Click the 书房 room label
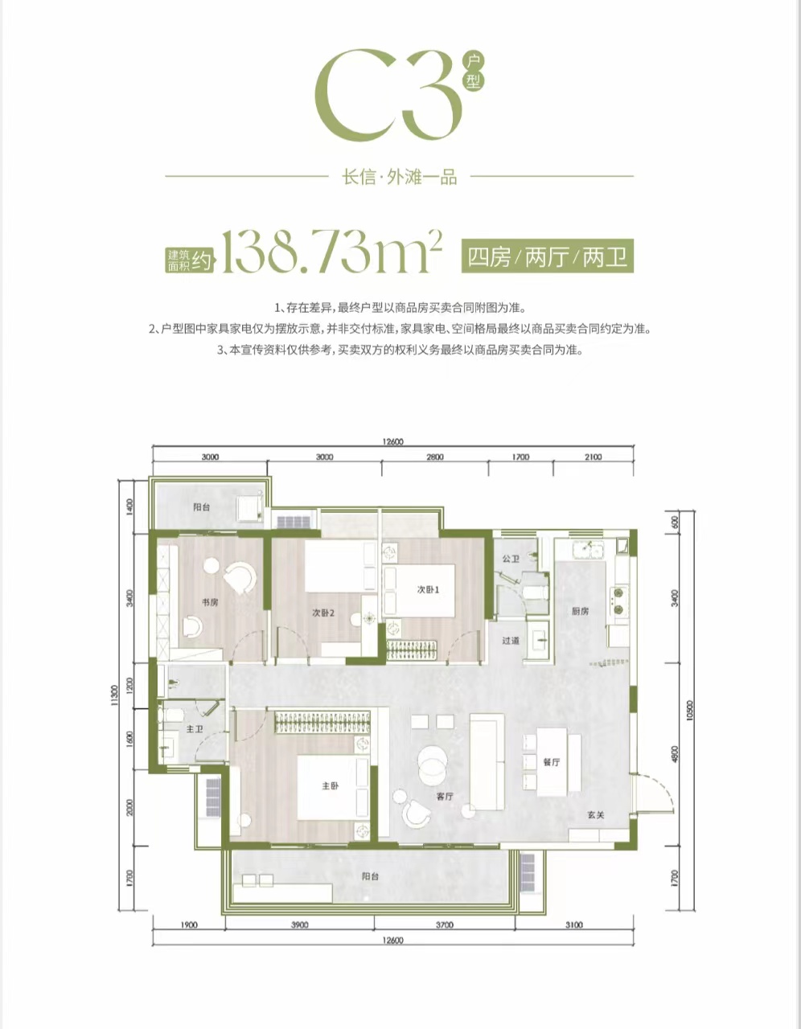click(210, 603)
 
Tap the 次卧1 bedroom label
click(428, 589)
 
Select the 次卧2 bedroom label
click(323, 613)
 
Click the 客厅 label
click(445, 797)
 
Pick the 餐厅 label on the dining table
click(552, 762)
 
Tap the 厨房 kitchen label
click(581, 611)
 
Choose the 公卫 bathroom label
click(511, 559)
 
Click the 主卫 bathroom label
click(195, 729)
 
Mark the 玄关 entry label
click(596, 815)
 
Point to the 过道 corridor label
click(511, 641)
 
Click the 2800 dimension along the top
click(435, 457)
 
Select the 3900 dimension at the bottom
click(299, 924)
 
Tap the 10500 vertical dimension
click(688, 711)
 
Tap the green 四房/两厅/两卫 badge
click(548, 256)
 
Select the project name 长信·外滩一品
click(400, 178)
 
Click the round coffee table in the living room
click(433, 763)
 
